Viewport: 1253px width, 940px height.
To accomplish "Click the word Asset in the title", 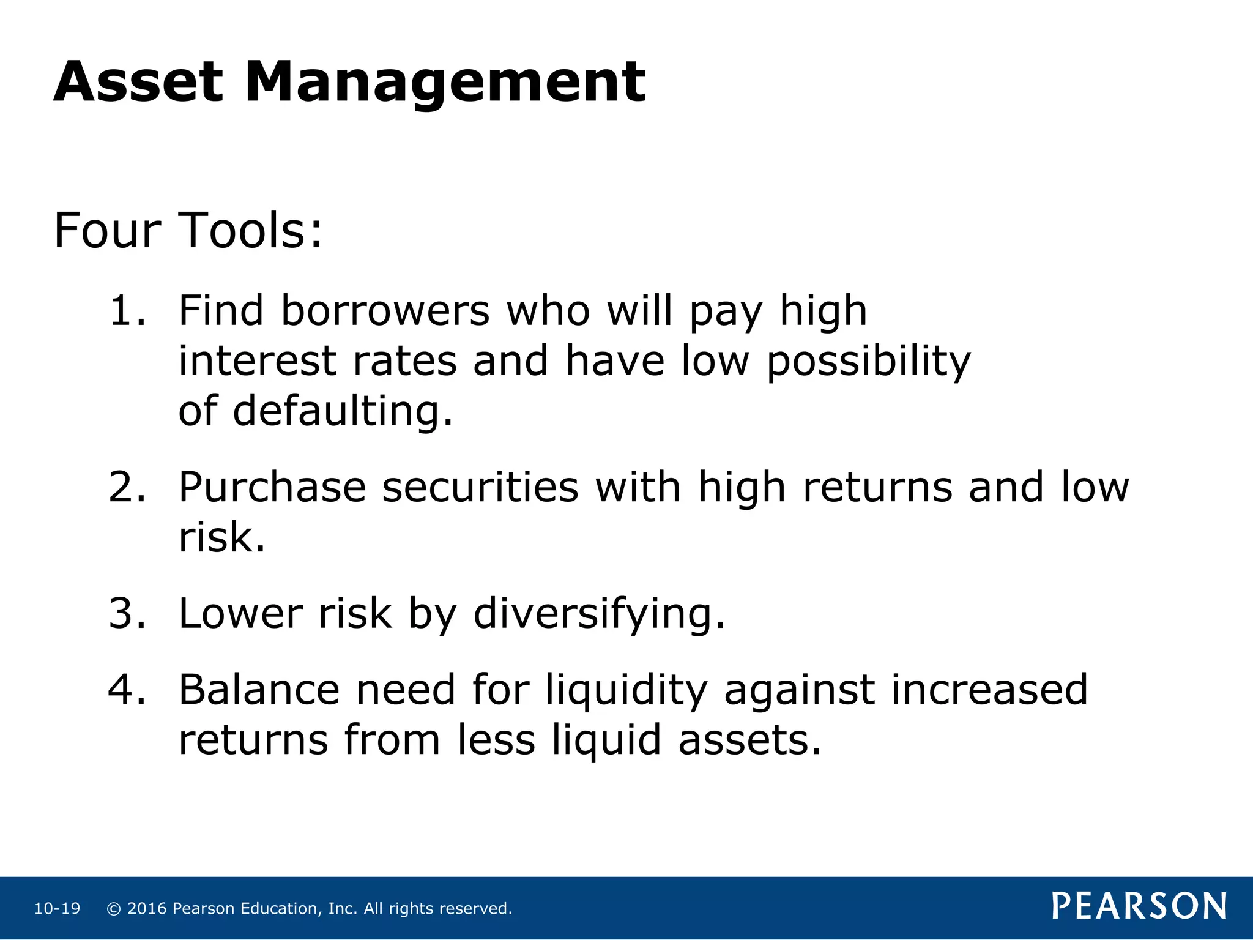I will (138, 82).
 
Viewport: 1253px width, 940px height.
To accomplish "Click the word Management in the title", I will (445, 82).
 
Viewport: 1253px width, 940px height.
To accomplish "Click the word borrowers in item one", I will (385, 311).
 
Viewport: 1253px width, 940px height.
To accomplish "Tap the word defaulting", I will (343, 411).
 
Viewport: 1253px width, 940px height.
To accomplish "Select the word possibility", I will (869, 361).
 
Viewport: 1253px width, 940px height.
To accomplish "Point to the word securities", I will (480, 488).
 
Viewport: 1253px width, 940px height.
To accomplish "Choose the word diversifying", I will (600, 613).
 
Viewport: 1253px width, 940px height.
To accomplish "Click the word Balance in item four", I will (259, 690).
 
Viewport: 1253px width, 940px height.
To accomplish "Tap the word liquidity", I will (626, 690).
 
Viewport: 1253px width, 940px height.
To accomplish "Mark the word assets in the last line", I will (749, 740).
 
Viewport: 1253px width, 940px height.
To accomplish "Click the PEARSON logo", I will (1139, 906).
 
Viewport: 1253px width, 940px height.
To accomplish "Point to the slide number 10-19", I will (57, 909).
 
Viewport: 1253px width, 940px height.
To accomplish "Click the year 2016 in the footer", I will (147, 909).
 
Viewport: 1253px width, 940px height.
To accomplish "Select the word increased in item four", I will (989, 690).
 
